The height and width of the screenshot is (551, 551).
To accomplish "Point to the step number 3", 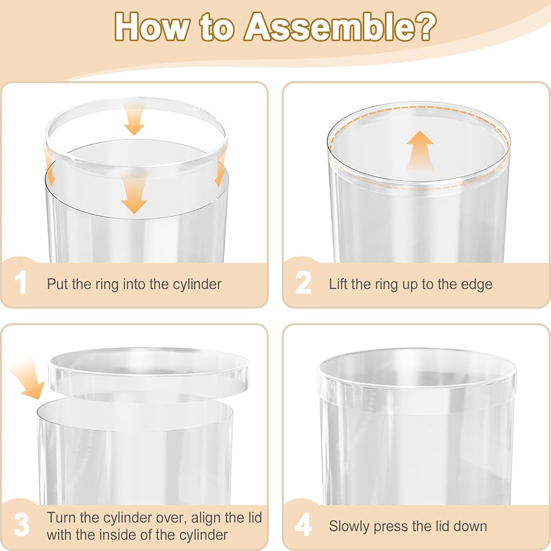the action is pos(22,525).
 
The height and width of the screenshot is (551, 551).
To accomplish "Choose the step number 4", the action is pos(303,525).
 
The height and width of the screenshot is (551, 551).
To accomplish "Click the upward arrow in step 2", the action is pos(420,151).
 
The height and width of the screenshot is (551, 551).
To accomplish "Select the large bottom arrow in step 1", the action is pos(134,196).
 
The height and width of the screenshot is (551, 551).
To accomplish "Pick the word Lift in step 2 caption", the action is pos(338,284).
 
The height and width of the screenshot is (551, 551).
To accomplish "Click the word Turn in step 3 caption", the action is pos(62,517).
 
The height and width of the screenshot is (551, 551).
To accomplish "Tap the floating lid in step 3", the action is pos(148,372).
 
